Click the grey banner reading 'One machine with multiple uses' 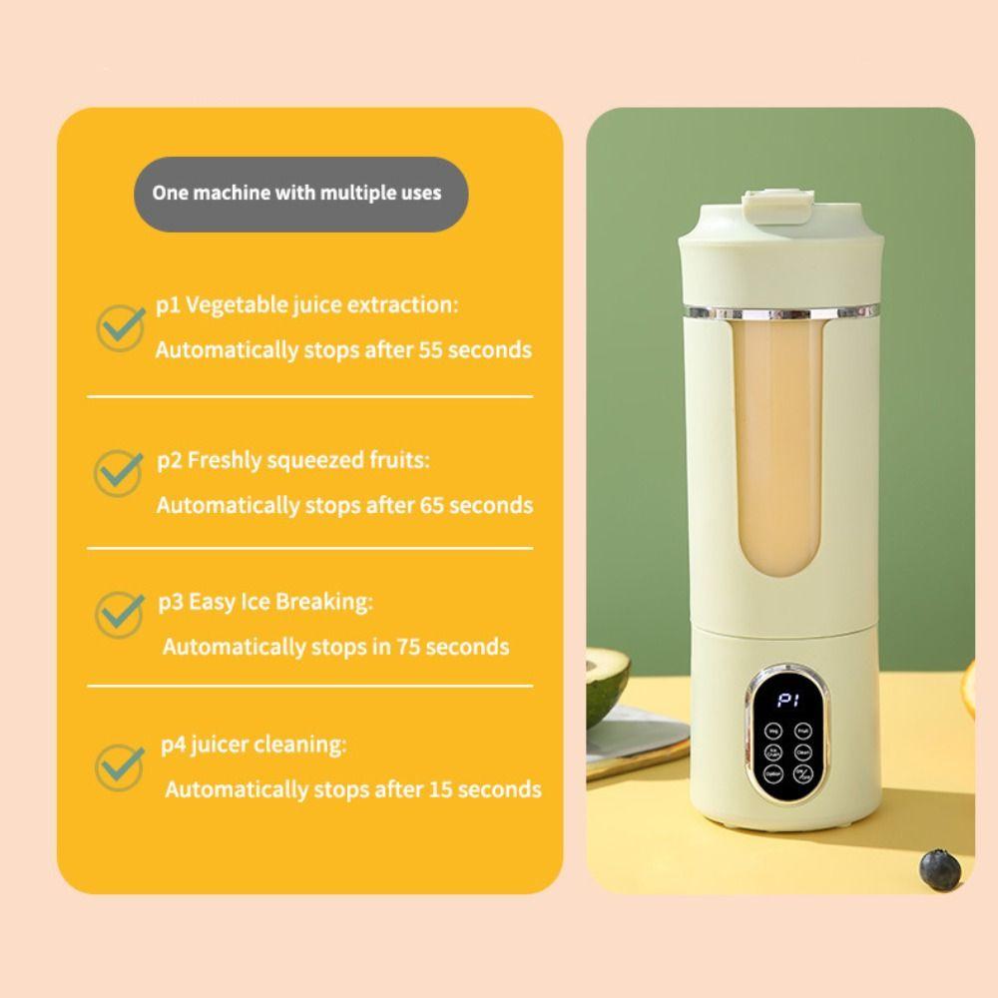[x=301, y=194]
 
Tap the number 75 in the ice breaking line [x=411, y=647]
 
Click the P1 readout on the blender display [x=788, y=701]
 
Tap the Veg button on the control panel [x=774, y=731]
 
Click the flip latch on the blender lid [x=775, y=205]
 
